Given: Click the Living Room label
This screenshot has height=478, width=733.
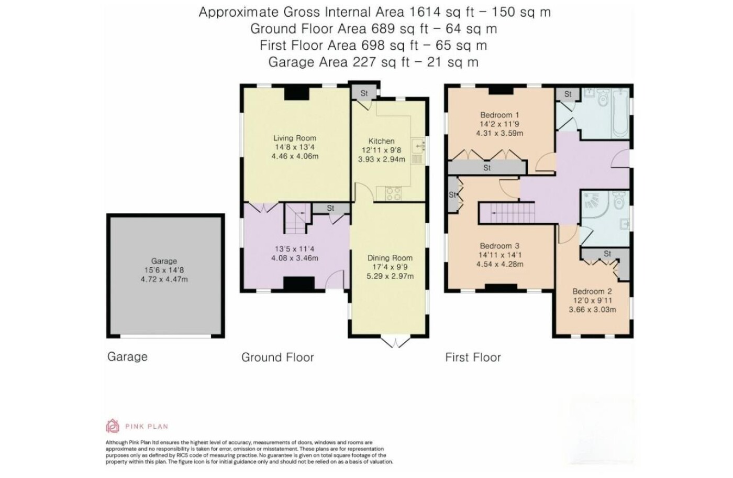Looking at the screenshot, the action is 295,138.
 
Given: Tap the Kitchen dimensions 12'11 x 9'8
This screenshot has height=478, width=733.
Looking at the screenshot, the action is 381,150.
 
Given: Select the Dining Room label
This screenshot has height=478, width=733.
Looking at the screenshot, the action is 390,258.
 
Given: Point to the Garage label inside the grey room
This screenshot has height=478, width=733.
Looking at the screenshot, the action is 164,261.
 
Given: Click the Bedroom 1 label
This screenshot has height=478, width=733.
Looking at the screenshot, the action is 499,115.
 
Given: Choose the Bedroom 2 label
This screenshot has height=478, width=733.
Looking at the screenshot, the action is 592,291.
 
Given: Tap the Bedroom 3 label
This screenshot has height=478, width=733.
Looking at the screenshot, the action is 499,246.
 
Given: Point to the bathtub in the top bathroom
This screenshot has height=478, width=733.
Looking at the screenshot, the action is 620,113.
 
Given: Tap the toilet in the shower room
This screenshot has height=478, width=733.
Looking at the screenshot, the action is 619,200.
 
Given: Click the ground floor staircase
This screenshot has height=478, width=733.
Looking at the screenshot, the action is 297,218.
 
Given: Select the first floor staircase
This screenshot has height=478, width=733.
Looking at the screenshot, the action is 507,213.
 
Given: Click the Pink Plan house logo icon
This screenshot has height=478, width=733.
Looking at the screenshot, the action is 112,426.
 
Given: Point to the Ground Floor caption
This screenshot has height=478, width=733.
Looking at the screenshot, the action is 277,357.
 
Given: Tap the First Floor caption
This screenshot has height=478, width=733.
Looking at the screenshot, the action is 473,357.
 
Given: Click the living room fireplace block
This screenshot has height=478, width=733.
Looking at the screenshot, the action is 297,94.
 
